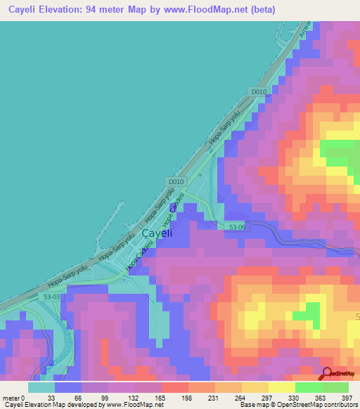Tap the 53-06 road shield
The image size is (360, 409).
237,226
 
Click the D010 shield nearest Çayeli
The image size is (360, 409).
176,181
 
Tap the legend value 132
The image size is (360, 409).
121,397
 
